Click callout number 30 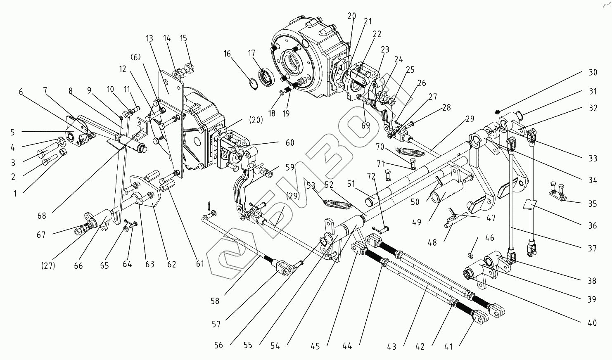click(x=593, y=73)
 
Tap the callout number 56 click(x=218, y=345)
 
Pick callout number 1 click(x=15, y=193)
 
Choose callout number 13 click(x=149, y=39)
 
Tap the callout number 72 click(x=371, y=177)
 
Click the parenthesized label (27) click(x=49, y=265)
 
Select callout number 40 click(x=593, y=323)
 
